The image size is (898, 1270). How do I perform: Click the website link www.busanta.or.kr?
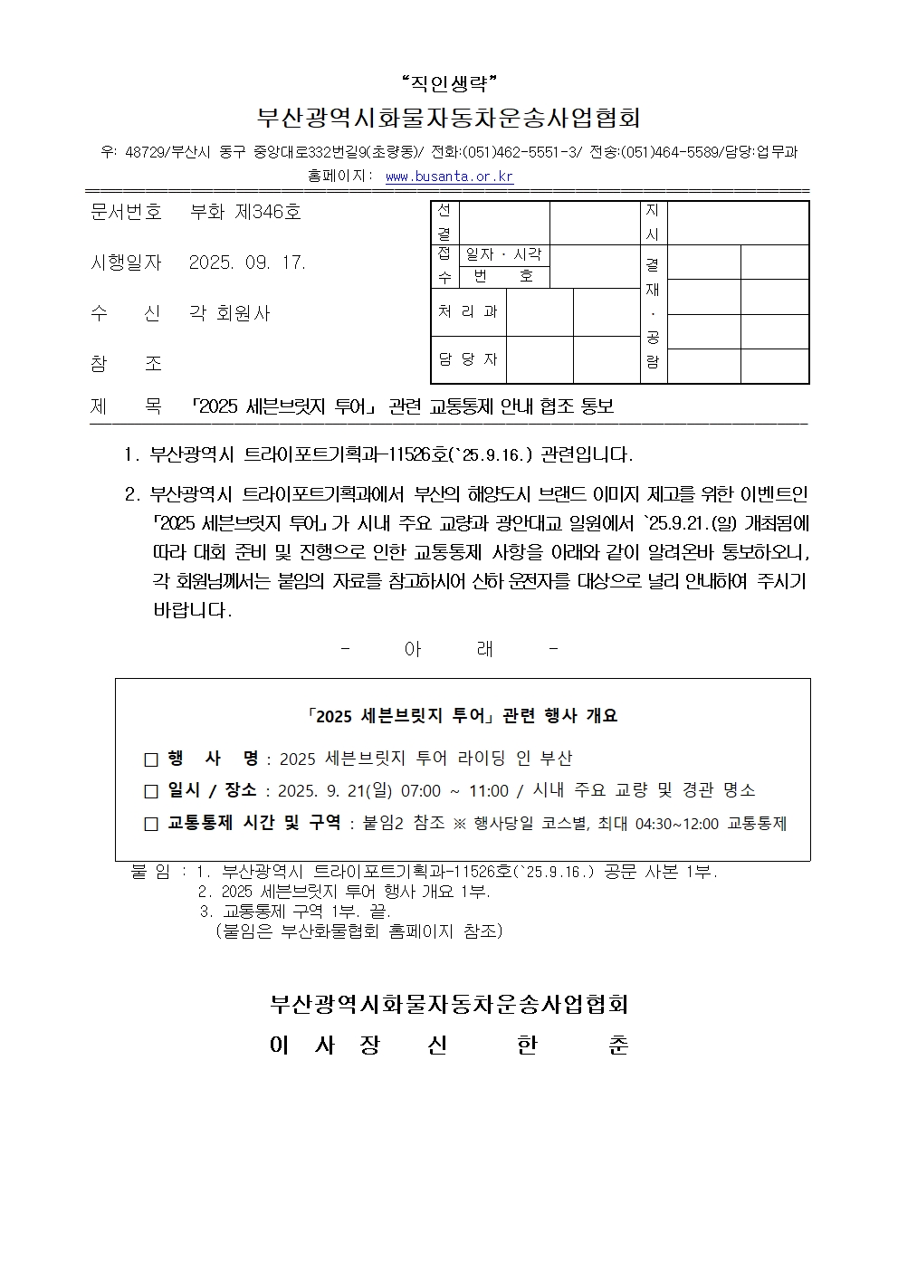point(449,177)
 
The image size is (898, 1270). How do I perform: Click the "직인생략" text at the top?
point(449,85)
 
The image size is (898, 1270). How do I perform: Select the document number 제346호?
point(268,213)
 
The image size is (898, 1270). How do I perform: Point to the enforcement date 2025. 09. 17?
point(247,263)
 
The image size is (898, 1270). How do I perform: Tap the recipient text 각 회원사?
point(229,313)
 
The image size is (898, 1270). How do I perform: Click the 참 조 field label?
point(126,363)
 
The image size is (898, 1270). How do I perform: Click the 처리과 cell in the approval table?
point(468,312)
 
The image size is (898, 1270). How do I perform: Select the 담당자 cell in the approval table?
point(468,359)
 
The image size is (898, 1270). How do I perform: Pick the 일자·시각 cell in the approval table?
point(503,255)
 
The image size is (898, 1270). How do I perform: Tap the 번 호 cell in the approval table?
point(503,277)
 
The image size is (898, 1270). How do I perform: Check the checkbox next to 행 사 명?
point(151,759)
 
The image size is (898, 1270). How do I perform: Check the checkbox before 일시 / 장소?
point(151,791)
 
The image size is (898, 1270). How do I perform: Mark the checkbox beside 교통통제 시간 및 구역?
point(151,824)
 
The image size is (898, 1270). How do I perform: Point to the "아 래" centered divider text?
point(449,649)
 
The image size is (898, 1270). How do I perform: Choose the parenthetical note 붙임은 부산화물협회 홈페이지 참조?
point(359,930)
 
